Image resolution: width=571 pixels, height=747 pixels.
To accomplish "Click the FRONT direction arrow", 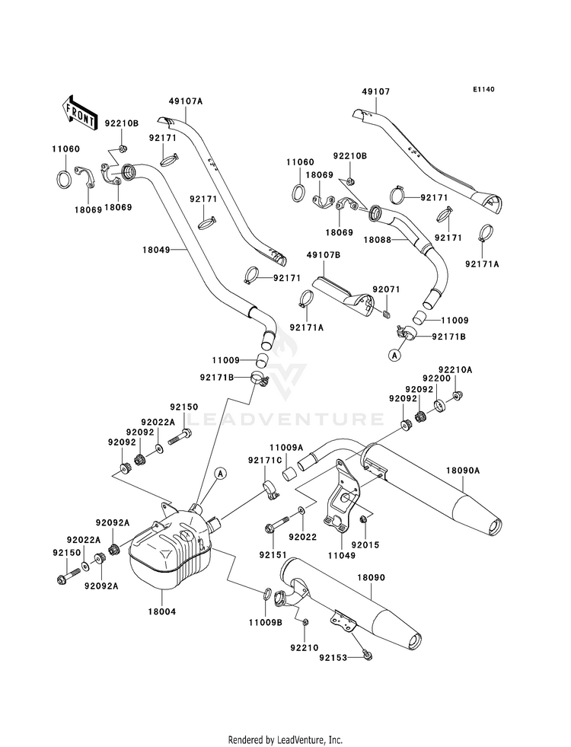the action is tap(78, 113).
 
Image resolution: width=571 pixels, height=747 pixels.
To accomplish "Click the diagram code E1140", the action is tap(484, 89).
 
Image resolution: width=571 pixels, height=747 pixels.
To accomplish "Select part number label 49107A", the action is tap(185, 101).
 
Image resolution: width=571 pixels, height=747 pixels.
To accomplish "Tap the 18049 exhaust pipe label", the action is tap(156, 249).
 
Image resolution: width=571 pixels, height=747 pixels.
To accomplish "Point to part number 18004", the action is tap(161, 611).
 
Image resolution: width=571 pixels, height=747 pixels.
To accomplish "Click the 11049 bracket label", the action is tap(341, 555).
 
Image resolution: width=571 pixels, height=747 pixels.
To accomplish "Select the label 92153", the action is tap(333, 658).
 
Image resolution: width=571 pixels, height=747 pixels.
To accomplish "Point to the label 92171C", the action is tap(265, 460).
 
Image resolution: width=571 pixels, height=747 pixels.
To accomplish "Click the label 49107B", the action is tap(324, 255).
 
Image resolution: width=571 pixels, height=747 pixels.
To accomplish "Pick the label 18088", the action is tap(378, 240).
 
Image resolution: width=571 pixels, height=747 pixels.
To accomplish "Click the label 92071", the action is tap(386, 289).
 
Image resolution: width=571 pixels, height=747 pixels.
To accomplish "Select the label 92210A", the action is tap(455, 369).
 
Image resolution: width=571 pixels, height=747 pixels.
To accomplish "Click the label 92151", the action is tap(273, 555).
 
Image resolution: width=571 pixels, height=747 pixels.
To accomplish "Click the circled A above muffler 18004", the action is tap(219, 473).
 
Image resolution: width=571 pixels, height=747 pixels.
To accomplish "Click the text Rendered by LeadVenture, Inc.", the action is tap(285, 740).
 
